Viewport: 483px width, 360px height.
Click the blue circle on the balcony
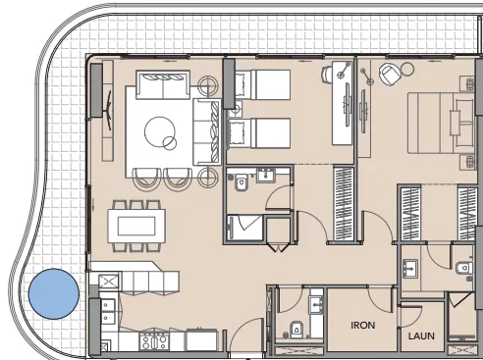point(53,294)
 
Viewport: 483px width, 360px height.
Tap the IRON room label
point(367,322)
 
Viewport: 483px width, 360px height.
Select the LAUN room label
point(421,335)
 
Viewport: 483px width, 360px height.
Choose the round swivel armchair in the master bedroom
point(391,74)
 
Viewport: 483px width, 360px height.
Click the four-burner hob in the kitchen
point(155,341)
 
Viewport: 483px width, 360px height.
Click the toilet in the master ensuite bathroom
point(460,265)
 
